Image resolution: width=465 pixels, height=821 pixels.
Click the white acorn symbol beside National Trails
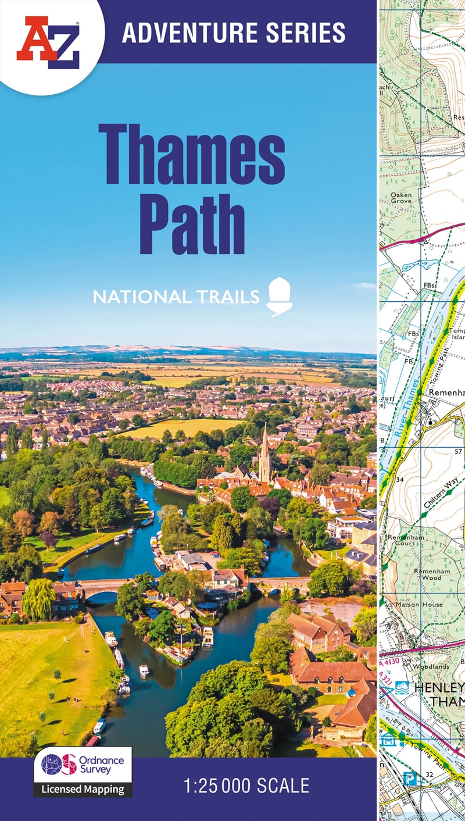click(279, 297)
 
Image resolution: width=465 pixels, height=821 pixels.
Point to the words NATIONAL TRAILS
click(176, 297)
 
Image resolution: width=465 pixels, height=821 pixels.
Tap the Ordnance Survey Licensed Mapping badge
click(83, 772)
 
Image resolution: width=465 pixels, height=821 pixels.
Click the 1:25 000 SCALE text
click(246, 787)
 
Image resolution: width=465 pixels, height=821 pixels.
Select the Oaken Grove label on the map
click(401, 198)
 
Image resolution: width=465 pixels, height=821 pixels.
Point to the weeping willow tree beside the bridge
click(38, 599)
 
